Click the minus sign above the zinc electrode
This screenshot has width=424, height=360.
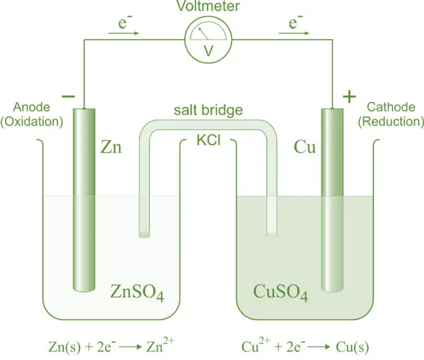point(67,96)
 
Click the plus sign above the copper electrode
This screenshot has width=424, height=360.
point(349,96)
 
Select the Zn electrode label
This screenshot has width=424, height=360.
point(112,147)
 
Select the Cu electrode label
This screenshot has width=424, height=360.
point(305,147)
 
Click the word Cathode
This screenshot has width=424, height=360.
point(391,107)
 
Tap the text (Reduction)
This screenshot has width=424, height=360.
point(391,121)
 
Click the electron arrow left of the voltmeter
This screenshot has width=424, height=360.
point(123,33)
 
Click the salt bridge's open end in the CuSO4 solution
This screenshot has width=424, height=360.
point(272,234)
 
